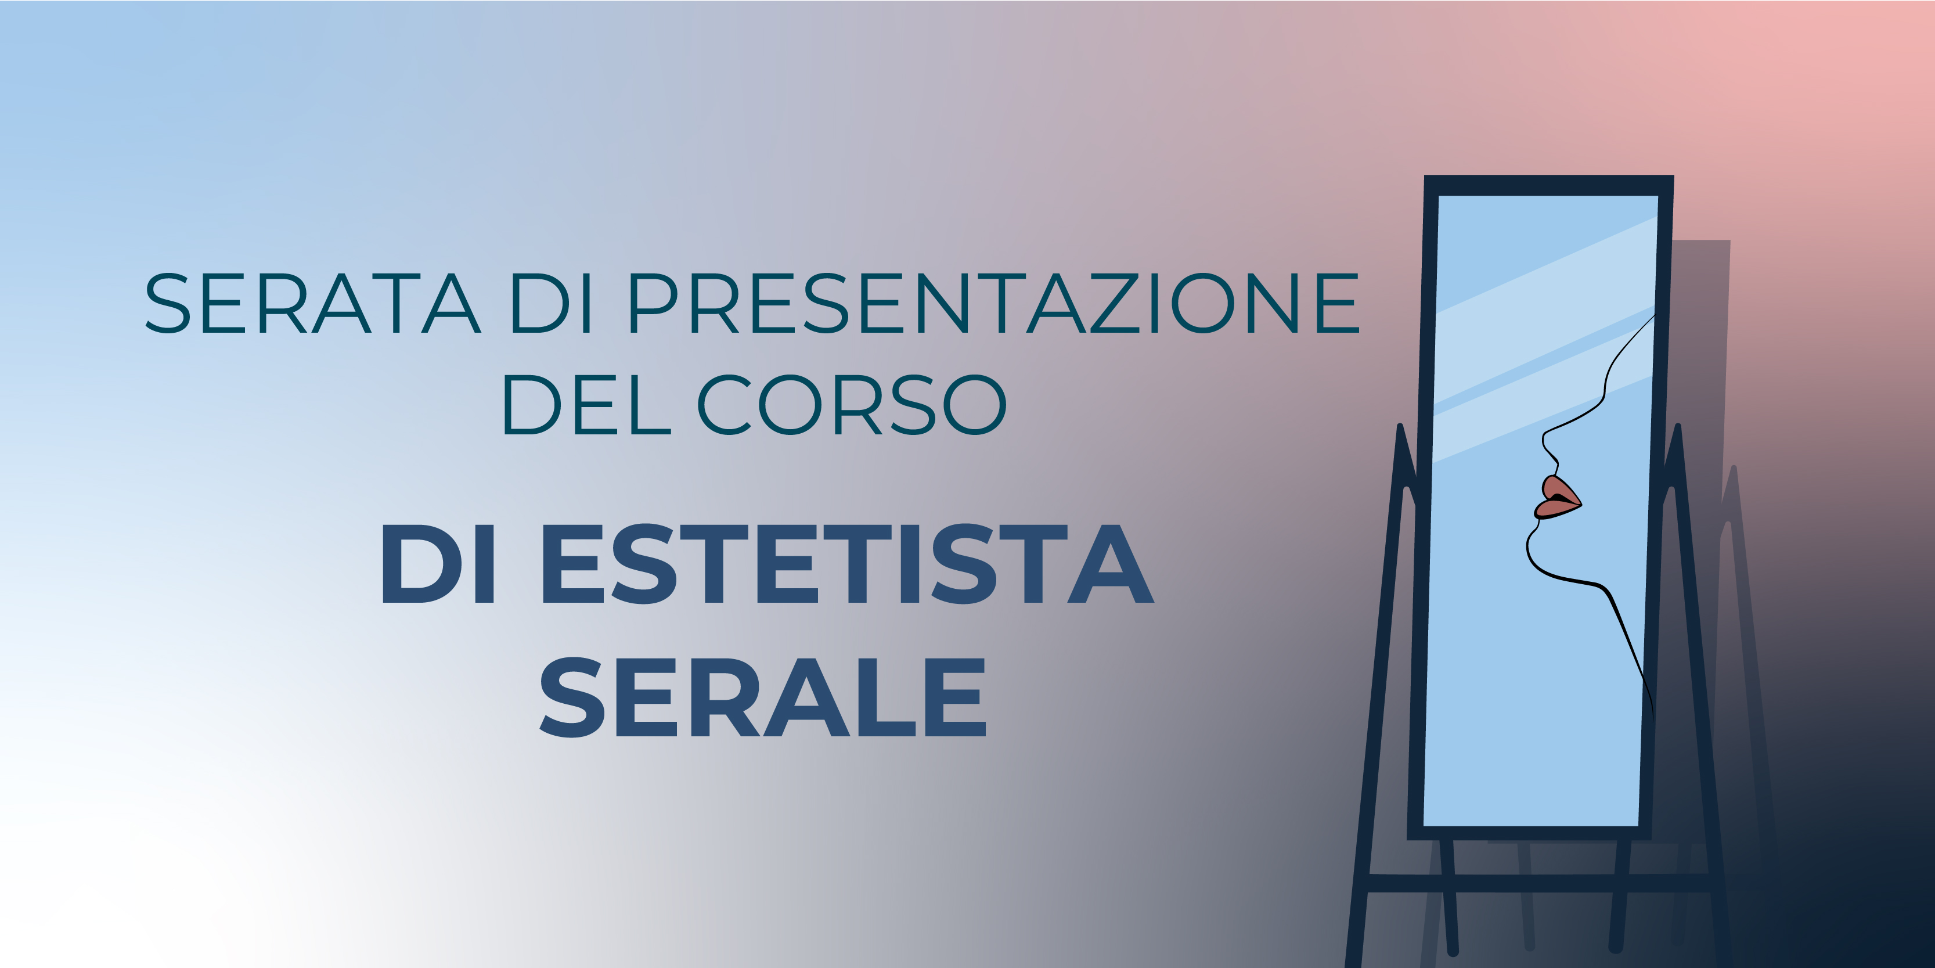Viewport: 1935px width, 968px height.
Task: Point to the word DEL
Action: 586,404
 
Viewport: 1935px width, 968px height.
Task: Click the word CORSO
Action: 852,404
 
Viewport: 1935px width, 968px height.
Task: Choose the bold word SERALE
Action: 762,697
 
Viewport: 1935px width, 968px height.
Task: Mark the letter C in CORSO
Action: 725,404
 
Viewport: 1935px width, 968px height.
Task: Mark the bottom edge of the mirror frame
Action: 1529,833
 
